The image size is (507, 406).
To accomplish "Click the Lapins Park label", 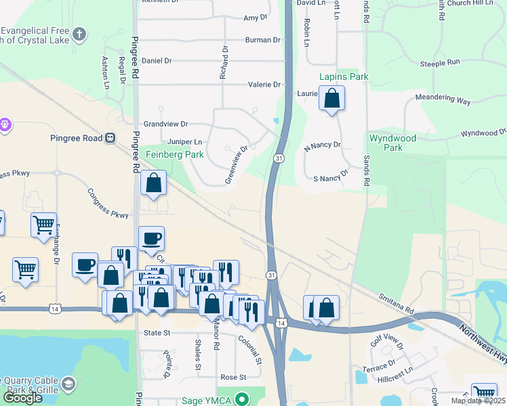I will (x=346, y=76).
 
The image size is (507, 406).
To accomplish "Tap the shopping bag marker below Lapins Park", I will (x=331, y=99).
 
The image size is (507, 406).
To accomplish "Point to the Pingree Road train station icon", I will (x=109, y=138).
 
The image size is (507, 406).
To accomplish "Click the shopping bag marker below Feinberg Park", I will (x=154, y=183).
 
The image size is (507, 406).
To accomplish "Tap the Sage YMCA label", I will (x=207, y=401).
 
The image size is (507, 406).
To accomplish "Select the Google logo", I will (x=22, y=398).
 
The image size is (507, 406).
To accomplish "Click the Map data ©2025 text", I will (x=478, y=401).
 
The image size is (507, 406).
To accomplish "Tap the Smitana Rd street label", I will (x=395, y=303).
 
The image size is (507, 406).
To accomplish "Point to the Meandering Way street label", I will (x=443, y=100).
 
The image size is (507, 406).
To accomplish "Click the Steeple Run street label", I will (x=440, y=62).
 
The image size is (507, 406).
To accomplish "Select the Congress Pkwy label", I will (x=108, y=204).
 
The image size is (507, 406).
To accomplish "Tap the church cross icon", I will (x=79, y=33).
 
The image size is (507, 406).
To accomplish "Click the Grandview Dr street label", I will (x=165, y=125).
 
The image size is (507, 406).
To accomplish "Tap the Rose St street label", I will (x=232, y=377).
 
